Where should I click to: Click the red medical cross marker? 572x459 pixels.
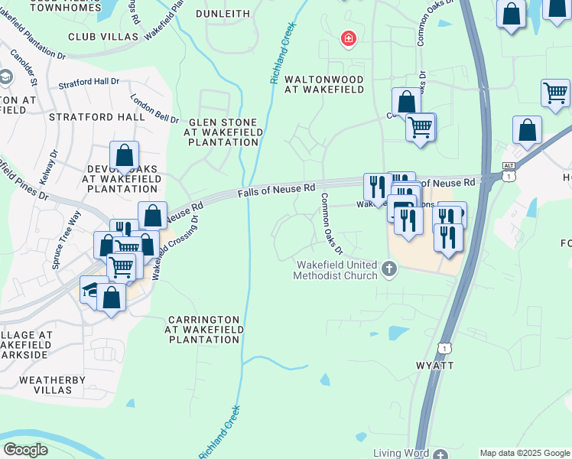[x=348, y=38]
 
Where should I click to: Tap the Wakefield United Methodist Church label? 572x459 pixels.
[x=336, y=270]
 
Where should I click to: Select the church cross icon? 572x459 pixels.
[x=389, y=269]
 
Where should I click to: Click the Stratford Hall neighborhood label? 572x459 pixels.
[x=96, y=117]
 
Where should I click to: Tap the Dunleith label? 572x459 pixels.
[x=223, y=13]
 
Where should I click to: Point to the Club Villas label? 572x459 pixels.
[x=103, y=36]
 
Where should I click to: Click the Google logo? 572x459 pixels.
[x=25, y=450]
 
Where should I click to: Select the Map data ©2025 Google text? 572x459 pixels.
[x=525, y=453]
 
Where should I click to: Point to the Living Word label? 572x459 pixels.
[x=401, y=453]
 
